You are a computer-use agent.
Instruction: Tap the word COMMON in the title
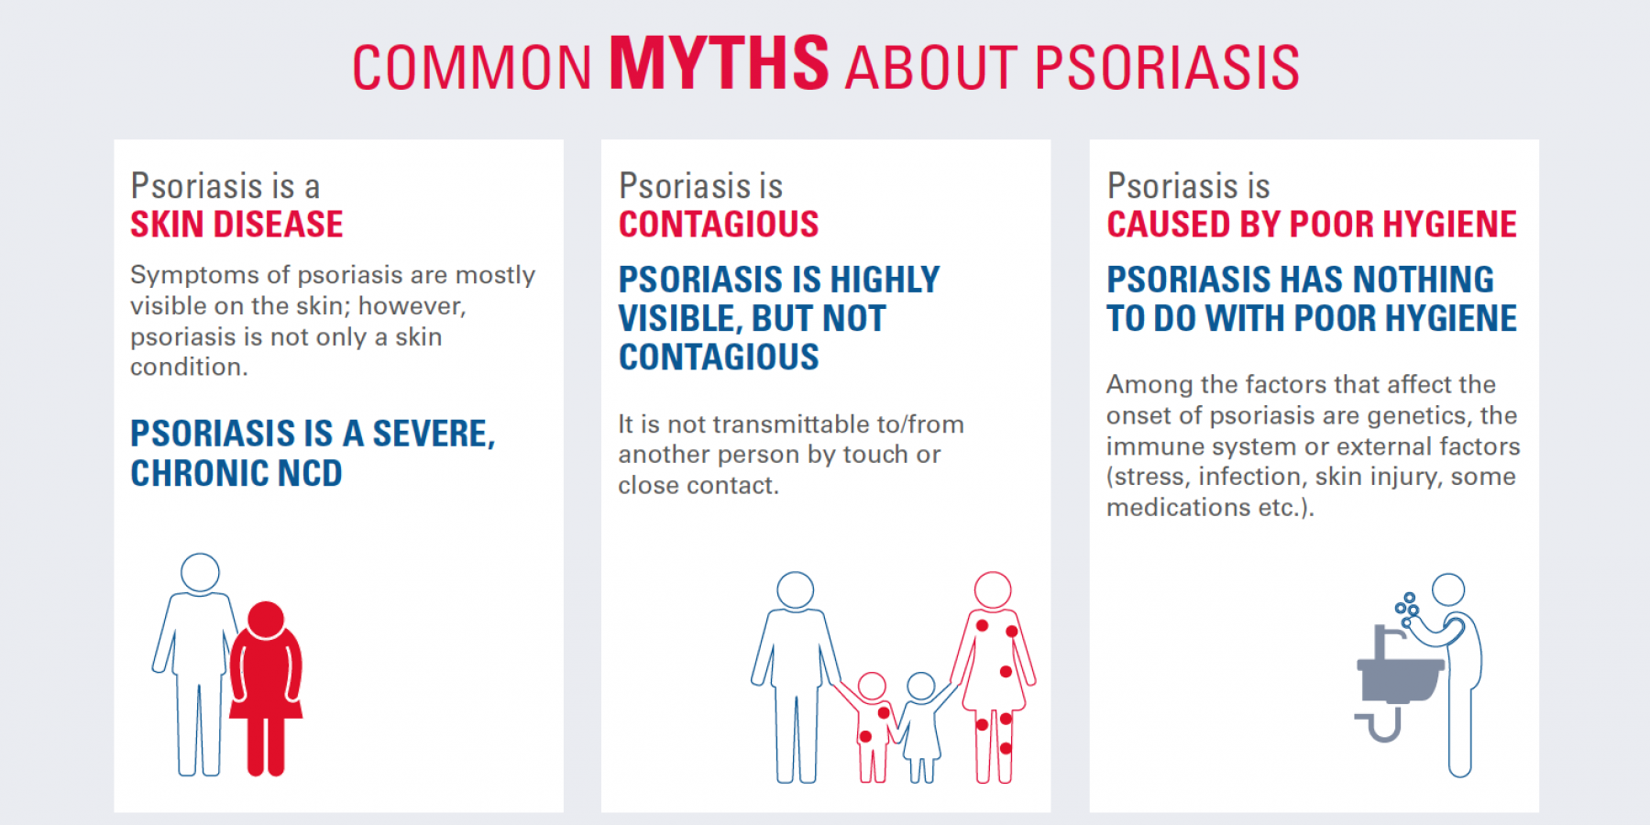(472, 68)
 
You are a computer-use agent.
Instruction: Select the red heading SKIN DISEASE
(236, 225)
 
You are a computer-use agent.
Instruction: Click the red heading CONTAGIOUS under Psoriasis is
(719, 225)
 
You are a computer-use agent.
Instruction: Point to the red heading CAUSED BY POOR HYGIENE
(1312, 225)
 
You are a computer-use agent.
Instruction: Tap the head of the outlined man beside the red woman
(200, 573)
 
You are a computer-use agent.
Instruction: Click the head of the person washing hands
(1448, 589)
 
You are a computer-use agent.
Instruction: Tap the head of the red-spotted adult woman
(993, 590)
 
